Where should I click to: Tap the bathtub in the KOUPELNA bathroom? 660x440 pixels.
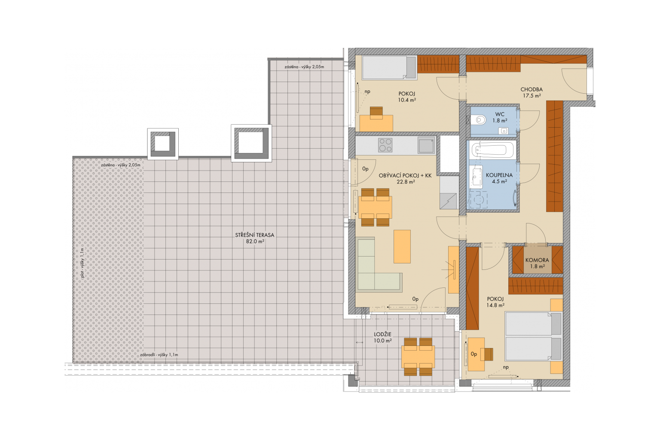[x=492, y=150]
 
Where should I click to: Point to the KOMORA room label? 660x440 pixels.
[x=537, y=260]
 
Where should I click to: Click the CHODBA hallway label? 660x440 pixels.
[x=532, y=89]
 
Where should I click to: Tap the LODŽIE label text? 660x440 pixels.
[x=383, y=334]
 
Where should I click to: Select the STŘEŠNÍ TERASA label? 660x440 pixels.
[x=254, y=235]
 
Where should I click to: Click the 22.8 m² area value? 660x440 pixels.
[x=406, y=182]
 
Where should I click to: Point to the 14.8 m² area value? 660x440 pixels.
[x=495, y=306]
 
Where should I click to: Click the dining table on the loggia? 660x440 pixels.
[x=418, y=357]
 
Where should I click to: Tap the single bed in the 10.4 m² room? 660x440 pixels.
[x=389, y=68]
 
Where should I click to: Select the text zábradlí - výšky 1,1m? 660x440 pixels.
[x=159, y=355]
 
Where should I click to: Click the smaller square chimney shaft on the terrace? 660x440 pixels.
[x=163, y=144]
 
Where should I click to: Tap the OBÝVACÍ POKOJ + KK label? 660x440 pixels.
[x=405, y=175]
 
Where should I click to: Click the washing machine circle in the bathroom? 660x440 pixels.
[x=478, y=199]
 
